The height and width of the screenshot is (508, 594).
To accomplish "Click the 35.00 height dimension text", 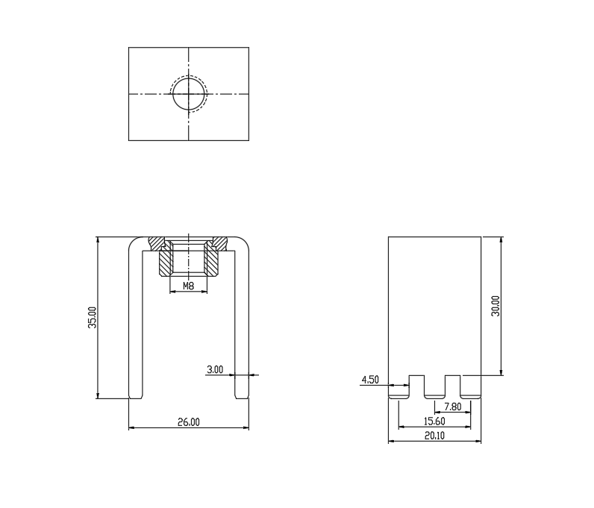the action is click(93, 318).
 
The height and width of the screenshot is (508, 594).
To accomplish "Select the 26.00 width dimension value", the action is click(189, 421).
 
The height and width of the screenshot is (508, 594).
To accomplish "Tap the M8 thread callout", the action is click(188, 286).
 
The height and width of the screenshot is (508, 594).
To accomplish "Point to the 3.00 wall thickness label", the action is click(215, 369).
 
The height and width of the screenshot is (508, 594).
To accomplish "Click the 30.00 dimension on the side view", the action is click(495, 306).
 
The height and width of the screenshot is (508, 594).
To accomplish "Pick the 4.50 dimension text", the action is click(370, 380).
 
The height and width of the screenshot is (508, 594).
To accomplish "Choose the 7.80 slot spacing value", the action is click(453, 407).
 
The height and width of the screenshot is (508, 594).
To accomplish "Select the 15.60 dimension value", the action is click(434, 421).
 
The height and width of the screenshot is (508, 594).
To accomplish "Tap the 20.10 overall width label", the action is click(434, 436).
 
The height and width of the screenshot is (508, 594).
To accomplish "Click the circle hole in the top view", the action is click(172, 94).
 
